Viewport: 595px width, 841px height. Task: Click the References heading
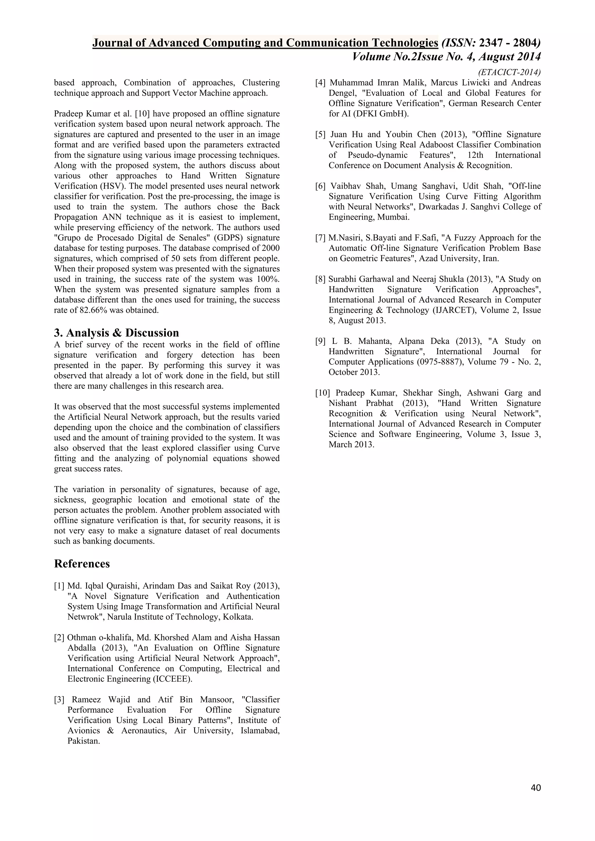82,564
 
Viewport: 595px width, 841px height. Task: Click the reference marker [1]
59,586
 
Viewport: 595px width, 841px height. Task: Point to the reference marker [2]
59,638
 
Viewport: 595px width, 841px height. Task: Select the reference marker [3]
59,700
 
